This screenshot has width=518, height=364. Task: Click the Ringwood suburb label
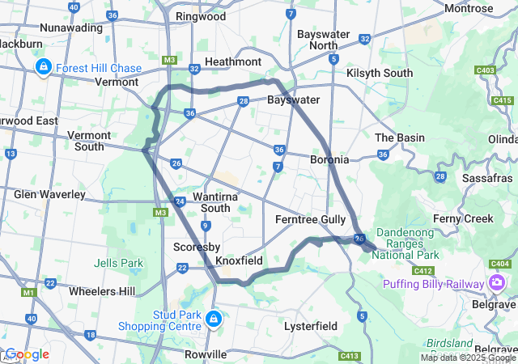pyautogui.click(x=201, y=16)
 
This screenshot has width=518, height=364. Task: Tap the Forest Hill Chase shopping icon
pyautogui.click(x=42, y=68)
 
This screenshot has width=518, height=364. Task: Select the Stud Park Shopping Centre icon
pyautogui.click(x=214, y=319)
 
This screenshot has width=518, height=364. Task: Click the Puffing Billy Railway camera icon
pyautogui.click(x=497, y=282)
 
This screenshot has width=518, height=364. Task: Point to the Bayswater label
pyautogui.click(x=293, y=100)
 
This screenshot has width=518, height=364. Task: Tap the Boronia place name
pyautogui.click(x=329, y=159)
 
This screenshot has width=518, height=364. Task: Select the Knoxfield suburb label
pyautogui.click(x=239, y=261)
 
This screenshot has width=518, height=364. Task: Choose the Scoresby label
pyautogui.click(x=193, y=247)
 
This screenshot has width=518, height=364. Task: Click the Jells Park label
pyautogui.click(x=118, y=263)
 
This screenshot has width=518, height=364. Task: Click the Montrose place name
pyautogui.click(x=469, y=8)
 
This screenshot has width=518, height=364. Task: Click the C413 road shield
pyautogui.click(x=350, y=355)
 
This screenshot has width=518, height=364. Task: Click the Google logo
pyautogui.click(x=26, y=354)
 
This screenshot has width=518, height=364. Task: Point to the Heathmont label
pyautogui.click(x=233, y=61)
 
